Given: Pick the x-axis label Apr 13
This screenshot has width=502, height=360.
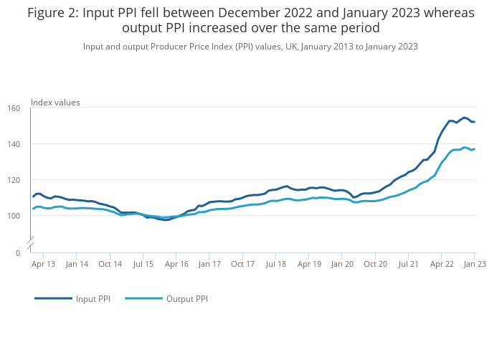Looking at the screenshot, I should [x=43, y=264].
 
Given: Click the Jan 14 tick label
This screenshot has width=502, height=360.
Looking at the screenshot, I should [x=77, y=264].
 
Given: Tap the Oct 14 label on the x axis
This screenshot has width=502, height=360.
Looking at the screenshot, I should [x=110, y=264].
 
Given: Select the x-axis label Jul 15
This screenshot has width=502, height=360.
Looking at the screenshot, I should [x=143, y=264].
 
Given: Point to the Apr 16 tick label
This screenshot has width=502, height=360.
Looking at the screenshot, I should [x=176, y=264].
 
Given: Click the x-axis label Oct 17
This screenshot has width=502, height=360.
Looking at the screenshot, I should [x=243, y=264].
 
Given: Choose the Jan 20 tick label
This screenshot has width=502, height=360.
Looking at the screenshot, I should [x=342, y=264].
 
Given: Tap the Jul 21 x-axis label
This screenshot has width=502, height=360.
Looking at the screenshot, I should [x=409, y=264].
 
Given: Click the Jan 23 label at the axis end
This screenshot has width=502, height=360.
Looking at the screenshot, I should [x=475, y=264].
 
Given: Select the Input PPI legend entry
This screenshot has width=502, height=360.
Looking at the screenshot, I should [x=93, y=299].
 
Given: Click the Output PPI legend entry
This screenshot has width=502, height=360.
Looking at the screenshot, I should [x=186, y=299].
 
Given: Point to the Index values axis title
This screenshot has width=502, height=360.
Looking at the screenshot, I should [x=55, y=103].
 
